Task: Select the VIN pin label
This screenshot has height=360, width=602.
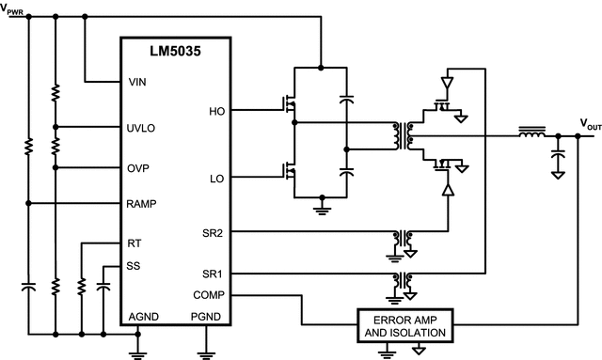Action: tap(137, 81)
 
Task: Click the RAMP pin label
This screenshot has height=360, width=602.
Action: tap(143, 203)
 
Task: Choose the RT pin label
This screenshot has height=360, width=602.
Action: tap(135, 243)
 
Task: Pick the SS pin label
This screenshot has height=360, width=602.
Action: tap(135, 266)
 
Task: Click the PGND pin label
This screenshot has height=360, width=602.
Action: tap(205, 316)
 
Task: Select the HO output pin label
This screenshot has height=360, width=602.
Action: tap(216, 111)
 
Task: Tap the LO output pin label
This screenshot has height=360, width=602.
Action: tap(216, 178)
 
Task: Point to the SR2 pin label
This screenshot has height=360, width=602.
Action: tap(214, 231)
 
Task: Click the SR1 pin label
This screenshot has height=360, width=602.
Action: tap(214, 273)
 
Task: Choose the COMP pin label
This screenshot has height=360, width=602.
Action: tap(210, 294)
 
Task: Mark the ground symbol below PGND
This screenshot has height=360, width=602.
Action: tap(206, 353)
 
